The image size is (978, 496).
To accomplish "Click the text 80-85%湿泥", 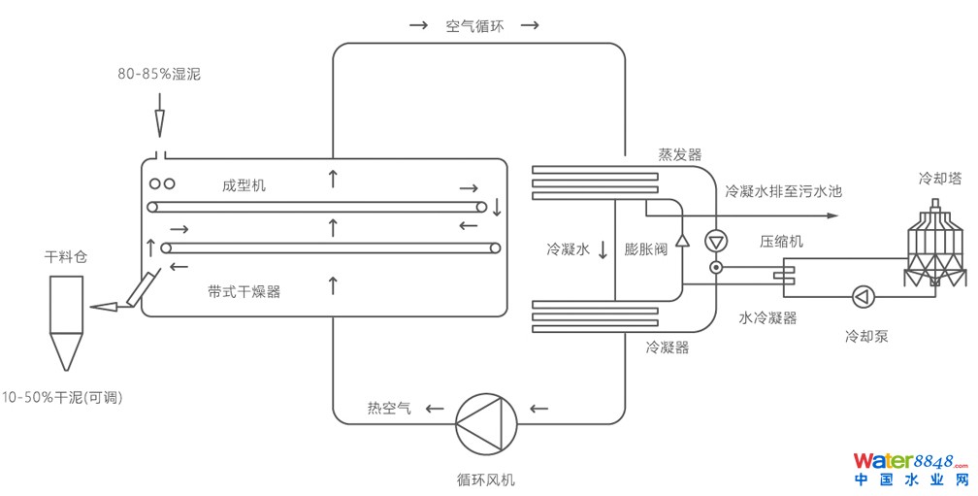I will point(159,74).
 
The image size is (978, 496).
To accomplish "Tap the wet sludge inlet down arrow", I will point(159,122).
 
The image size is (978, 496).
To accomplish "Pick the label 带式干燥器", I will point(244,290).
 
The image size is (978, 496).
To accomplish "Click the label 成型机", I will point(244,185).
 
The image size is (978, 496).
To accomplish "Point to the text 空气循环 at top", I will point(474,26).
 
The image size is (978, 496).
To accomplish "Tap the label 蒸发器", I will point(680,154).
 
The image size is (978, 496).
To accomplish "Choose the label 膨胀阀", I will point(645,249).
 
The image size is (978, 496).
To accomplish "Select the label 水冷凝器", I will point(767,317).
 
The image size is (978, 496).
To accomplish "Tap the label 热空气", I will point(388,409).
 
